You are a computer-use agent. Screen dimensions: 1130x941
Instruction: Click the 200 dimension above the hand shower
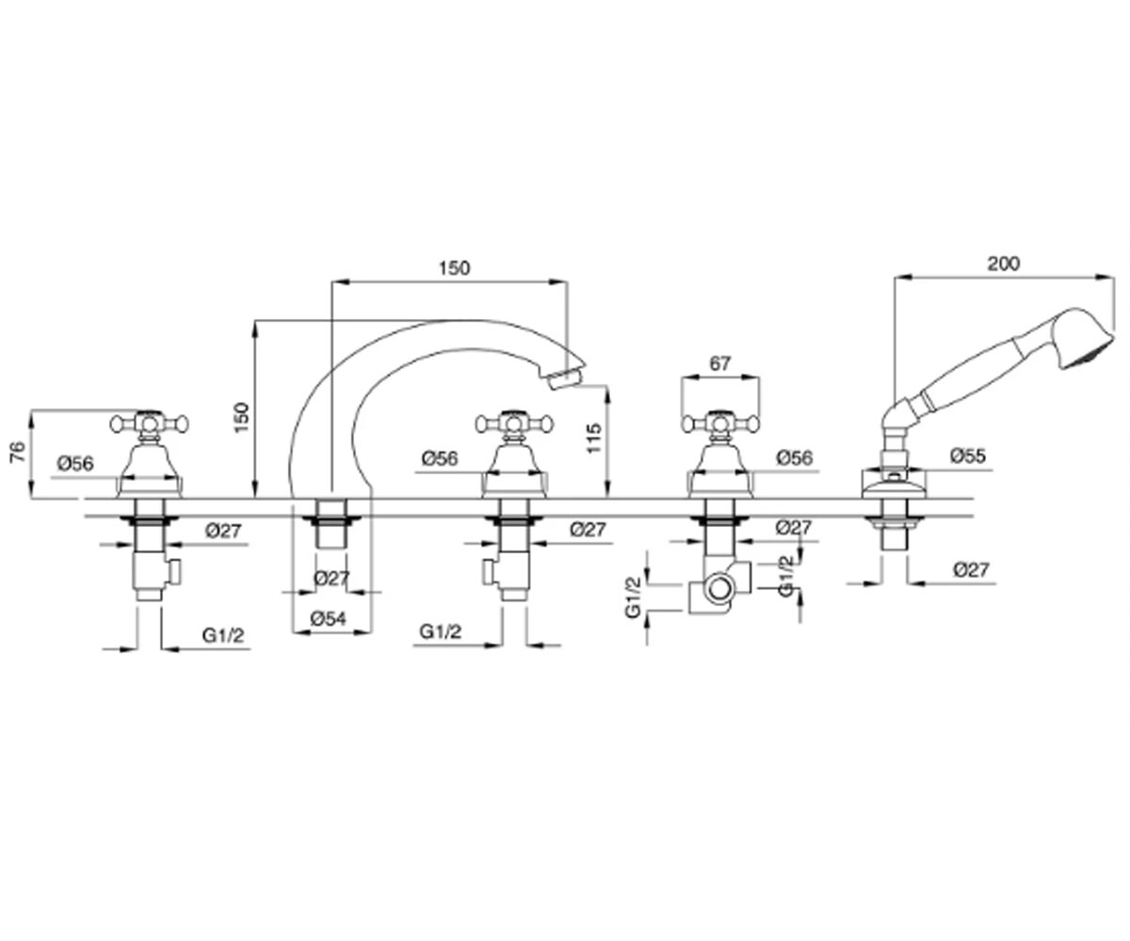[x=1004, y=263]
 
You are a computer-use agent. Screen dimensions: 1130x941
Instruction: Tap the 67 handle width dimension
[x=720, y=363]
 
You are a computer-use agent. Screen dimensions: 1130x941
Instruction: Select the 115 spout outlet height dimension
[x=593, y=439]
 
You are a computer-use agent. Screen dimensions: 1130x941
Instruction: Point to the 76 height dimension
[x=19, y=452]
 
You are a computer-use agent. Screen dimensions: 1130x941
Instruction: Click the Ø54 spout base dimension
[x=329, y=618]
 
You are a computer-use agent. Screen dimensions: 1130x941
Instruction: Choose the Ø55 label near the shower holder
[x=968, y=455]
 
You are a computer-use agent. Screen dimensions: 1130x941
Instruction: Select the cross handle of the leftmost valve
[x=150, y=423]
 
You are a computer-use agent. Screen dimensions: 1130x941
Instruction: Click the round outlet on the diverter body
[x=719, y=589]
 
